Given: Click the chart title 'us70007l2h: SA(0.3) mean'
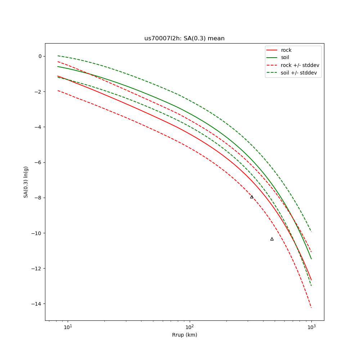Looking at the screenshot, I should [184, 39].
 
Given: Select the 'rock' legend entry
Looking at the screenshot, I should [286, 50].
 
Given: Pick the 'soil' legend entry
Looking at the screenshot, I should [285, 57].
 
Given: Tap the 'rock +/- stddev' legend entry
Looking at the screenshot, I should [300, 65].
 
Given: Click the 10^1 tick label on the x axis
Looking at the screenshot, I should [68, 327].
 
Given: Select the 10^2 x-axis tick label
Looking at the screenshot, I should [189, 327].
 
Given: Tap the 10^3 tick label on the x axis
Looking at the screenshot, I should [311, 327].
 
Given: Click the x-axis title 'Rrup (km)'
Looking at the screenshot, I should [184, 335].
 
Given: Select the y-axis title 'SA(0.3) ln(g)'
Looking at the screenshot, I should [26, 182].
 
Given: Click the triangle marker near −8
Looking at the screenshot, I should [252, 197].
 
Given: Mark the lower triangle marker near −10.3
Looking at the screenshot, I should [272, 239].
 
